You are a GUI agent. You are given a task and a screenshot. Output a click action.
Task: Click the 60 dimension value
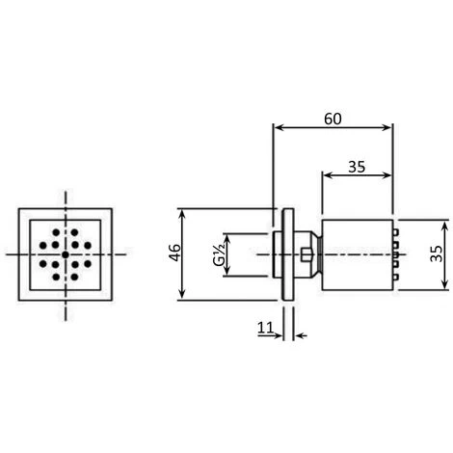(x=333, y=118)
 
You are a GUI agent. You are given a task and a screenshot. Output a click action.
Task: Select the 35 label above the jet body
(x=357, y=166)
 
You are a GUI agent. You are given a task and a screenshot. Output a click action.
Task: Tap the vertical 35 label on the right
(x=436, y=254)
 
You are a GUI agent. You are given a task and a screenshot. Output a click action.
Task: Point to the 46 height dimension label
(x=173, y=254)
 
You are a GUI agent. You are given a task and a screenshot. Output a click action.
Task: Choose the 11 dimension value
(x=265, y=328)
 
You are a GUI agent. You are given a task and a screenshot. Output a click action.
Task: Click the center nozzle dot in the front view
(x=65, y=254)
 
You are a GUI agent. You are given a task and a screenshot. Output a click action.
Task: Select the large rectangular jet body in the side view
(x=356, y=254)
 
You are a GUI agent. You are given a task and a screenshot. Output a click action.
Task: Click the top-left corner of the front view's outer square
(x=19, y=209)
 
